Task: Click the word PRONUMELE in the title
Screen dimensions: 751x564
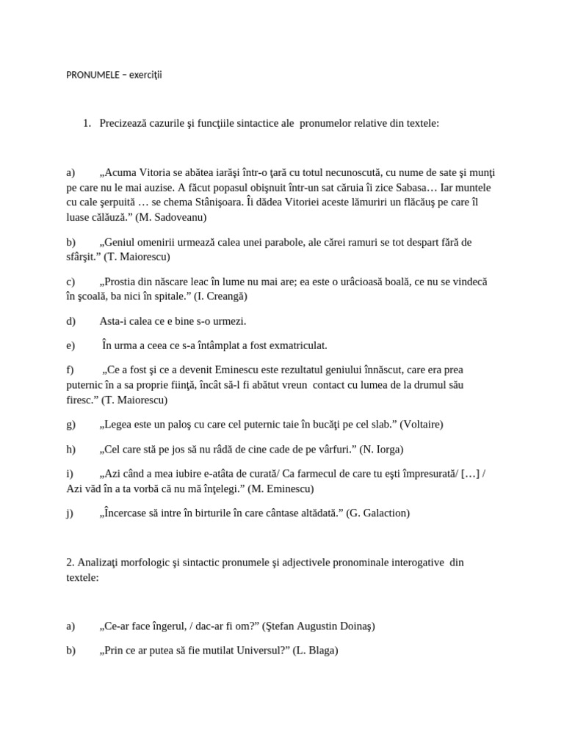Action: click(x=90, y=76)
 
